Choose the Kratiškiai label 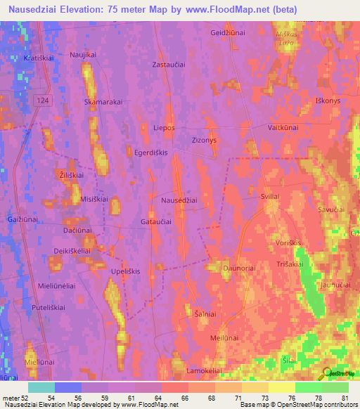[39, 58]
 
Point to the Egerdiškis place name [153, 152]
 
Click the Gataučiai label [157, 221]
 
